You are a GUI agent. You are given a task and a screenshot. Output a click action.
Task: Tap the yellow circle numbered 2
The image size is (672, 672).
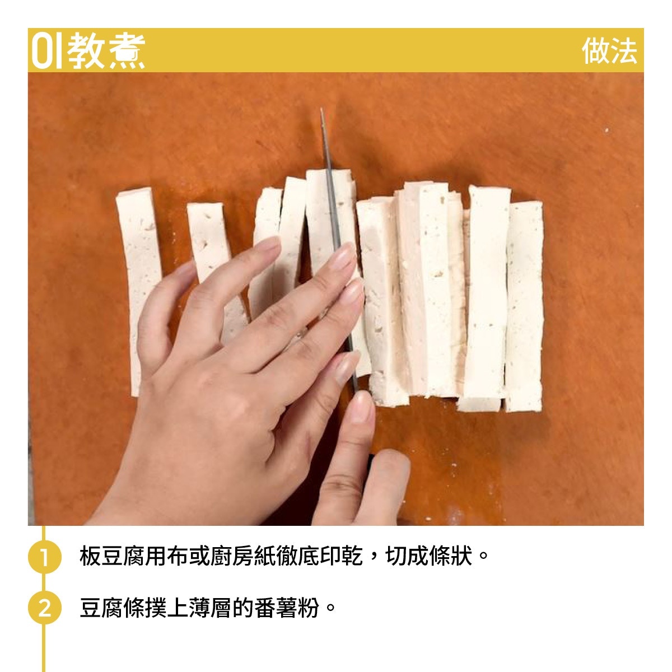click(44, 607)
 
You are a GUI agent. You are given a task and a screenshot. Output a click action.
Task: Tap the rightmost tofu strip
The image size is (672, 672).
click(524, 306)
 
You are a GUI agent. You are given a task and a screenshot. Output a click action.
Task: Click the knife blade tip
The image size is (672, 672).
click(321, 109)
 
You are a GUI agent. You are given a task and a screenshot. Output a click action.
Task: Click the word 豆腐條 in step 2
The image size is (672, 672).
click(112, 608)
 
